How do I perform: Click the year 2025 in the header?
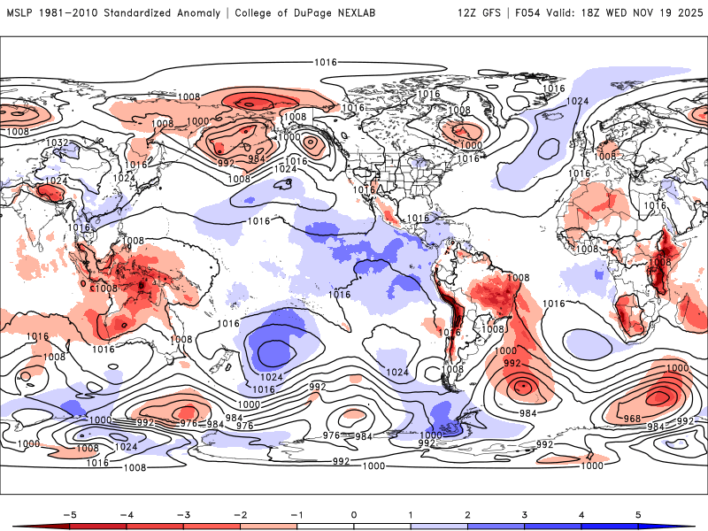pyautogui.click(x=689, y=13)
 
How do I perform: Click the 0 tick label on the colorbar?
pyautogui.click(x=354, y=513)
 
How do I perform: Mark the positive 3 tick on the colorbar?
pyautogui.click(x=525, y=513)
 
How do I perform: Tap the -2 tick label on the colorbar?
pyautogui.click(x=240, y=513)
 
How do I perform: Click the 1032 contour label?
pyautogui.click(x=58, y=142)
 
